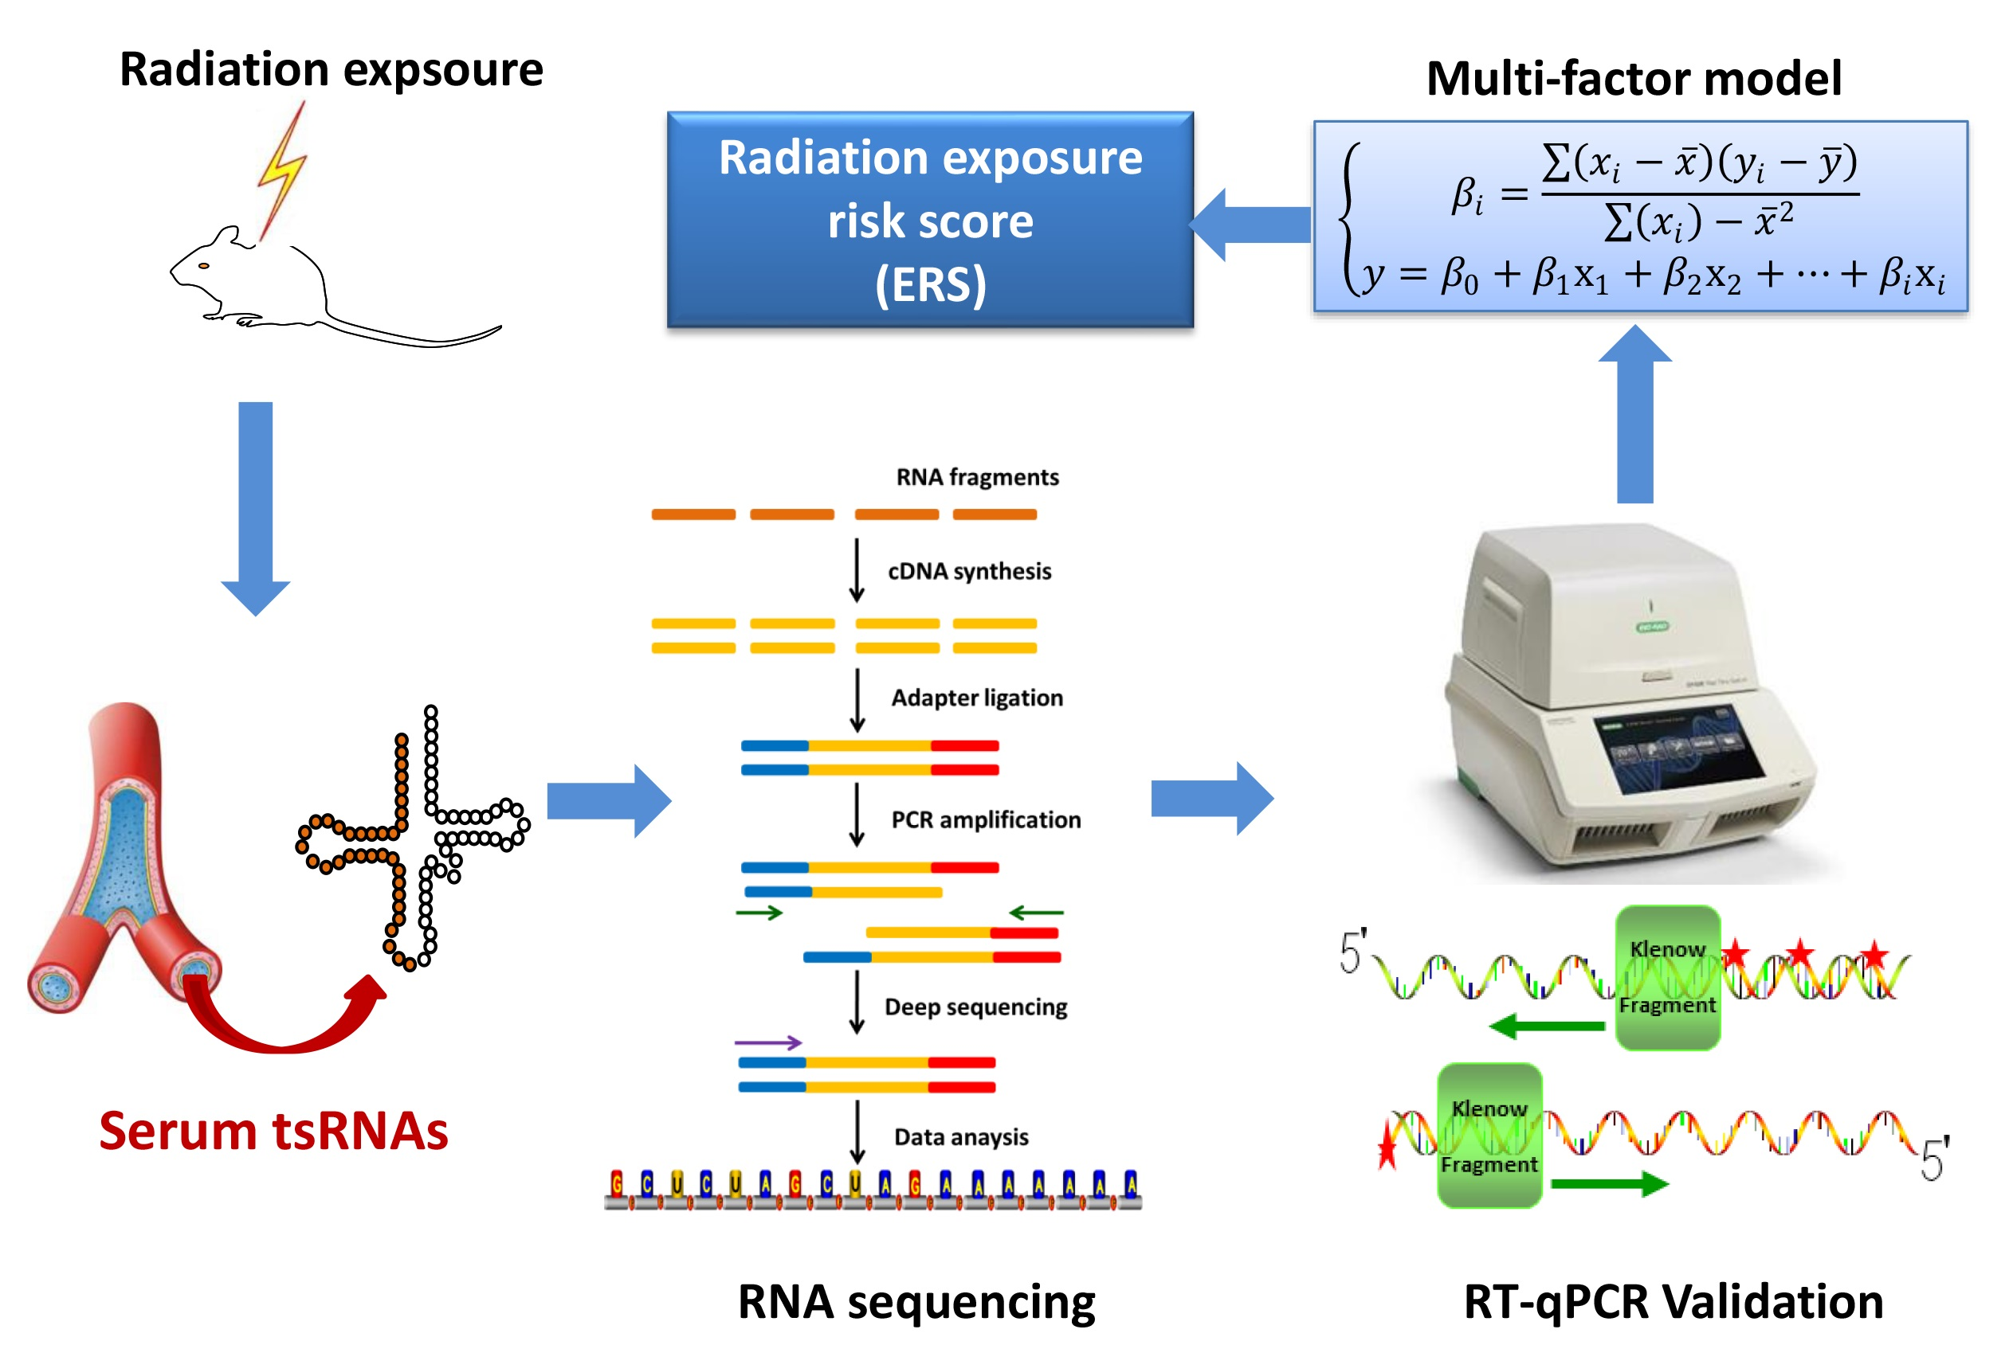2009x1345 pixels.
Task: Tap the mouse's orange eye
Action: coord(203,266)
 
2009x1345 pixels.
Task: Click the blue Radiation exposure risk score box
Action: coord(929,220)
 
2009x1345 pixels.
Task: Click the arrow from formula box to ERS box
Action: coord(1250,225)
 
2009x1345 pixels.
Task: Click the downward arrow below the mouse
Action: coord(256,506)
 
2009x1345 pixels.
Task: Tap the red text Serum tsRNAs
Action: coord(273,1131)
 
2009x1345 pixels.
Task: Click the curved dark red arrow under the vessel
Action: coord(283,1025)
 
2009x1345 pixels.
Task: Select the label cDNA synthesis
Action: coord(969,571)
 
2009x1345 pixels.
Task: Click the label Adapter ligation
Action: coord(977,698)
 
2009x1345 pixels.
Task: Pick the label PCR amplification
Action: coord(985,820)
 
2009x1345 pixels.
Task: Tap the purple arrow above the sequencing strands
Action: coord(767,1043)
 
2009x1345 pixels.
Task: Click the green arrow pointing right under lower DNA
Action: coord(1609,1185)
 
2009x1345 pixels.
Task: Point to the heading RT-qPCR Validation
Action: coord(1673,1301)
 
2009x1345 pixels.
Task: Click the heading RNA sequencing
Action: coord(916,1301)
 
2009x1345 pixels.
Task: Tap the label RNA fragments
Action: coord(977,477)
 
